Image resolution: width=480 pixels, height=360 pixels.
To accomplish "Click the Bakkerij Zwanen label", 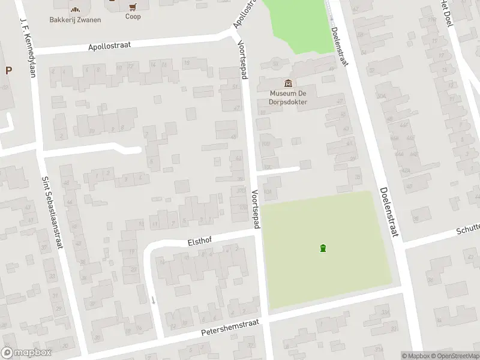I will [75, 20].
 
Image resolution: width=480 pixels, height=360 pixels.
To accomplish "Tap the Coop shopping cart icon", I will [133, 7].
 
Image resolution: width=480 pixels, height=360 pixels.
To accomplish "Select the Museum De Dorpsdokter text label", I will [289, 97].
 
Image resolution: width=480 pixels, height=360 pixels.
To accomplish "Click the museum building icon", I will [289, 83].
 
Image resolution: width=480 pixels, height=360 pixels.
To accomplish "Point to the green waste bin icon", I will [323, 248].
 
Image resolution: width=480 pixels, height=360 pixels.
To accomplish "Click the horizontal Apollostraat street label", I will [118, 46].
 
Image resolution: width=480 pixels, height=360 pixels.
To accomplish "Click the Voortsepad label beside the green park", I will [255, 209].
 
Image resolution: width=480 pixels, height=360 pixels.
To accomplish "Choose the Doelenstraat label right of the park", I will [388, 212].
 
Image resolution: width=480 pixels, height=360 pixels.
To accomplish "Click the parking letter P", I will [8, 70].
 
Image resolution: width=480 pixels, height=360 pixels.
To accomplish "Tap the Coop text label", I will [133, 17].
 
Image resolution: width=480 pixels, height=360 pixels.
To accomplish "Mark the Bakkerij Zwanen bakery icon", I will [75, 9].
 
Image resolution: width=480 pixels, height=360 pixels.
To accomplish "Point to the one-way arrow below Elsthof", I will [153, 299].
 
